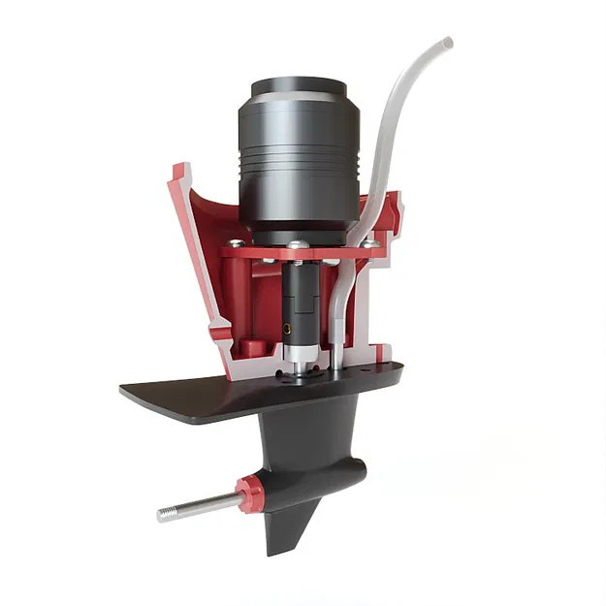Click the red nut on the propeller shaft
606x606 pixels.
click(x=251, y=495)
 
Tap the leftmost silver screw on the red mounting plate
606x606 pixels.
click(x=234, y=243)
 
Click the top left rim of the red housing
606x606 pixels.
click(x=178, y=172)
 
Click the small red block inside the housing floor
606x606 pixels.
click(x=250, y=346)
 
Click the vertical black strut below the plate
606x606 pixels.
click(x=310, y=427)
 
